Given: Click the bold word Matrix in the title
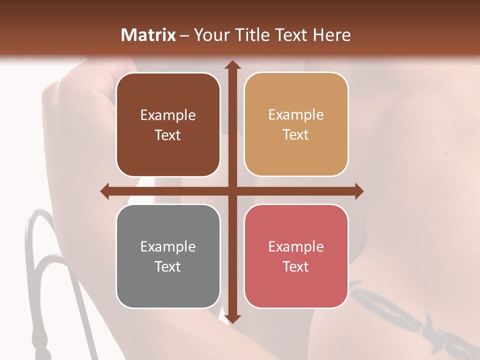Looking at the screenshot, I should pyautogui.click(x=149, y=35).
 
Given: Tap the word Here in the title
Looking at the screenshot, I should pyautogui.click(x=331, y=35).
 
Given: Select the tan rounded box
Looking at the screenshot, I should pyautogui.click(x=296, y=155).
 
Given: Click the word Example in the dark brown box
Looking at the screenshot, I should pyautogui.click(x=168, y=115).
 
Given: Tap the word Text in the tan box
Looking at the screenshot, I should pyautogui.click(x=296, y=135).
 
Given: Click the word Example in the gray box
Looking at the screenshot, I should pyautogui.click(x=168, y=246).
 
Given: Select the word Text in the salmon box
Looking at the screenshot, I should pyautogui.click(x=296, y=266).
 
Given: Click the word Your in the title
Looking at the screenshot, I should pyautogui.click(x=209, y=35).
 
